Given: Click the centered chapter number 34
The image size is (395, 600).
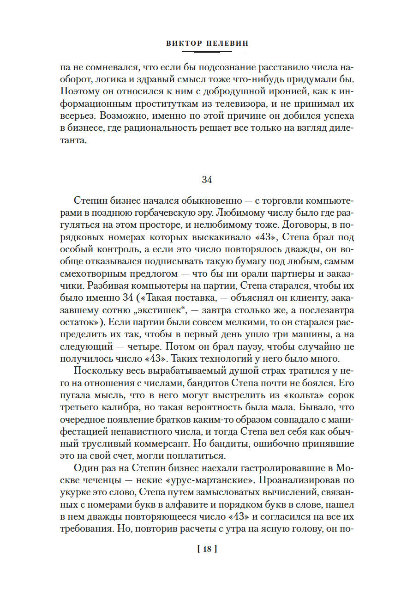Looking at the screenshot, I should [206, 180].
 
